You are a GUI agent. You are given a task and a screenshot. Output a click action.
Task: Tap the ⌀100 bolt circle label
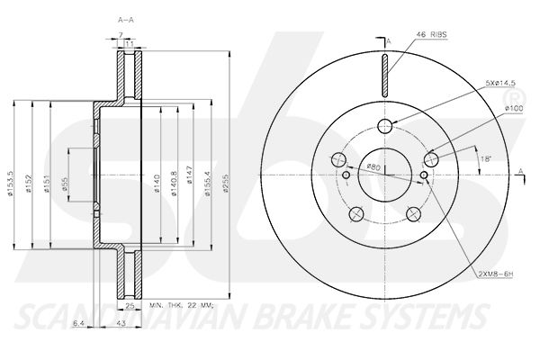point(514,110)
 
